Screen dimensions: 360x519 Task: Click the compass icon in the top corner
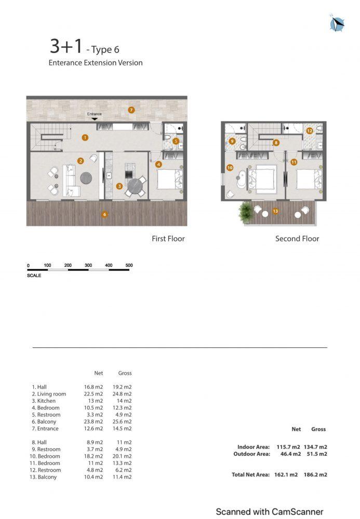tap(337, 23)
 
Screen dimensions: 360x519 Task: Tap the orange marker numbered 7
tap(131, 110)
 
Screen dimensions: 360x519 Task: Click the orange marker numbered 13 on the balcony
tap(275, 211)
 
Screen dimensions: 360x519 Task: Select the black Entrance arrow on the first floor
tap(95, 119)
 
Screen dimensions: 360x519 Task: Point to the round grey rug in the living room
tap(86, 178)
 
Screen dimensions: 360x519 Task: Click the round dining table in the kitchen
tap(135, 185)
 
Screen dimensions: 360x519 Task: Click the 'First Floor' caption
tap(168, 239)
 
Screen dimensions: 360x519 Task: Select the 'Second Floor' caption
tap(297, 239)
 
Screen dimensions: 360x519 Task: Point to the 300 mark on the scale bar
tap(88, 265)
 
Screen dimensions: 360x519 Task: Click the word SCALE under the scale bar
tap(34, 276)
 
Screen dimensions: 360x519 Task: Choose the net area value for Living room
tap(94, 394)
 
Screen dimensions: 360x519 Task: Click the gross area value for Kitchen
tap(124, 401)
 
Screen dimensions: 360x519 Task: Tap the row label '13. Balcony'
tap(43, 477)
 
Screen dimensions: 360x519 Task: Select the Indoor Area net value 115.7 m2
tap(288, 447)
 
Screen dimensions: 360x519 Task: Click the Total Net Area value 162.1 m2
tap(286, 475)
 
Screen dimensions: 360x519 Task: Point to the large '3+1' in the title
tap(66, 46)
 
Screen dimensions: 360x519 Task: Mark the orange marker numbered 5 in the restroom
tap(176, 141)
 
